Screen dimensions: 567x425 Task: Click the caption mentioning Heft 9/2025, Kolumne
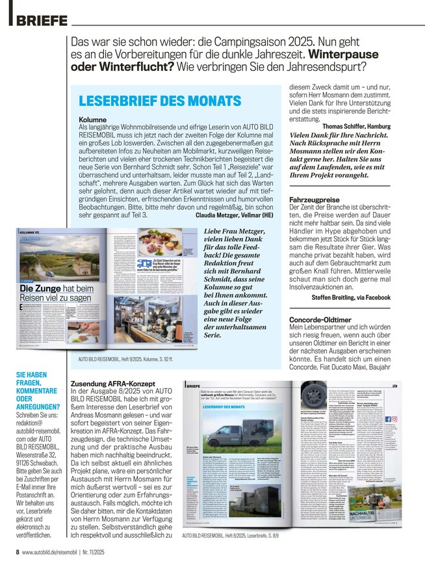tap(124, 358)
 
